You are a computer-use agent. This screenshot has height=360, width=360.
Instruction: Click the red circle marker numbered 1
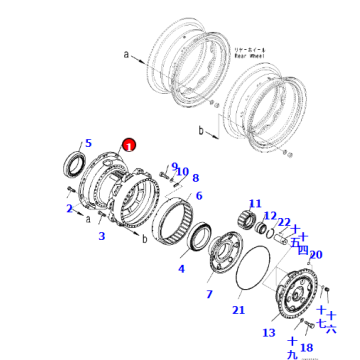coord(128,145)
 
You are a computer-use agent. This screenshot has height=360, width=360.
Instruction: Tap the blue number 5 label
coord(88,144)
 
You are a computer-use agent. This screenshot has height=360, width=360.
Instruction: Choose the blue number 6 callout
coord(199,196)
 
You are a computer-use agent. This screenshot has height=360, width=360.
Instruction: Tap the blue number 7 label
coord(208,294)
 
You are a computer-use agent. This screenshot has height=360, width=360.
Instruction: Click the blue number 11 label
coord(254,204)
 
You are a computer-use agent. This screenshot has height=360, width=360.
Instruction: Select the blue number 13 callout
coord(268,332)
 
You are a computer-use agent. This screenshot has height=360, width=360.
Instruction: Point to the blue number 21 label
coord(237,310)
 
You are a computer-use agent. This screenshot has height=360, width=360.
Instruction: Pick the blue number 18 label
coord(308,348)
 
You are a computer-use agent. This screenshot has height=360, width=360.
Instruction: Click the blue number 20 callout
coord(316,255)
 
